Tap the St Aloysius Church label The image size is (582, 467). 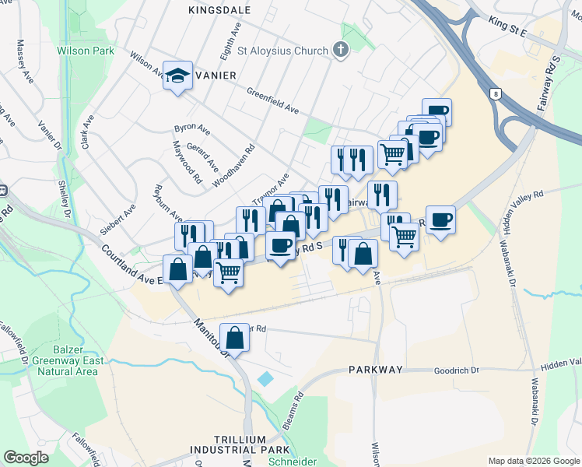282,51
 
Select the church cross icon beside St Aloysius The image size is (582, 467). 340,51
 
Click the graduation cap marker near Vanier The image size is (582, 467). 177,75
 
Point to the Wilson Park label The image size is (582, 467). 85,51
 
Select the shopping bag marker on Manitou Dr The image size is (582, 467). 235,338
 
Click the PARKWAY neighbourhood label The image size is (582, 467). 376,370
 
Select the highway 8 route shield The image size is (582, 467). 496,94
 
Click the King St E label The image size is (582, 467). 508,29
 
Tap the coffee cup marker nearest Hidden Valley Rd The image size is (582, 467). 440,221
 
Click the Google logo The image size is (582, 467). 26,458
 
